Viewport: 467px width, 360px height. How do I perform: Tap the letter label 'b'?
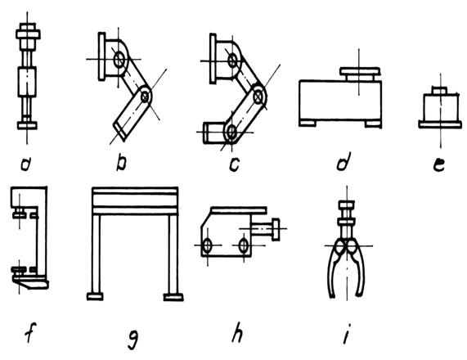(121, 163)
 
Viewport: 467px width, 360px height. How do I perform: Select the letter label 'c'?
(235, 164)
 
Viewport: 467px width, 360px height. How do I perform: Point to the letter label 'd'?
(344, 161)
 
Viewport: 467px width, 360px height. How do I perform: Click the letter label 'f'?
(29, 331)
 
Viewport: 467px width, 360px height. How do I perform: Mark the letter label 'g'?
(133, 340)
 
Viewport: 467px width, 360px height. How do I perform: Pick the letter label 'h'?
(237, 333)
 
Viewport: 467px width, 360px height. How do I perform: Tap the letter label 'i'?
(347, 334)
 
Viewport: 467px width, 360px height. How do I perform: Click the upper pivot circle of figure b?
(119, 59)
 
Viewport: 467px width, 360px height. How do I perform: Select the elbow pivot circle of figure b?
(145, 97)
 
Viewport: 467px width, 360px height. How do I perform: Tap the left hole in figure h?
(207, 245)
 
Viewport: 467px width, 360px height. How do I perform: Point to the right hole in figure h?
(244, 245)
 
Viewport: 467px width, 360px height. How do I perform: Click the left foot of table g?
(95, 296)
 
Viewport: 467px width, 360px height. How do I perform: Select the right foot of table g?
(173, 297)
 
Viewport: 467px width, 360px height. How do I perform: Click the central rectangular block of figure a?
(27, 82)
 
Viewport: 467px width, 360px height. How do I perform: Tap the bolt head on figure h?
(276, 229)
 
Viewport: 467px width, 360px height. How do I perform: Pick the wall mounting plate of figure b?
(101, 56)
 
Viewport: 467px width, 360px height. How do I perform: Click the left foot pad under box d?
(308, 123)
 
